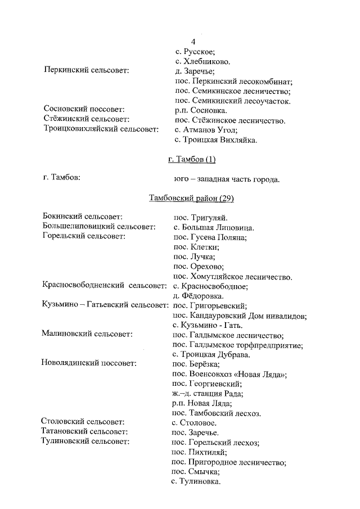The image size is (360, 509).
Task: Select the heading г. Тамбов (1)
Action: [192, 159]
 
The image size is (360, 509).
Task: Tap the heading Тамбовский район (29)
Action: [191, 198]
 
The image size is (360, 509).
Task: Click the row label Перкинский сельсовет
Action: [86, 71]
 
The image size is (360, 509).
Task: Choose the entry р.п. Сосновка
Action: [201, 110]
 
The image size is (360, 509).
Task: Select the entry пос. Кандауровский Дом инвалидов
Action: [240, 316]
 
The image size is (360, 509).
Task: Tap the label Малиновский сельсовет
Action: [87, 335]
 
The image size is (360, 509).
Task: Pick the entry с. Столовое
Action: [195, 422]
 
